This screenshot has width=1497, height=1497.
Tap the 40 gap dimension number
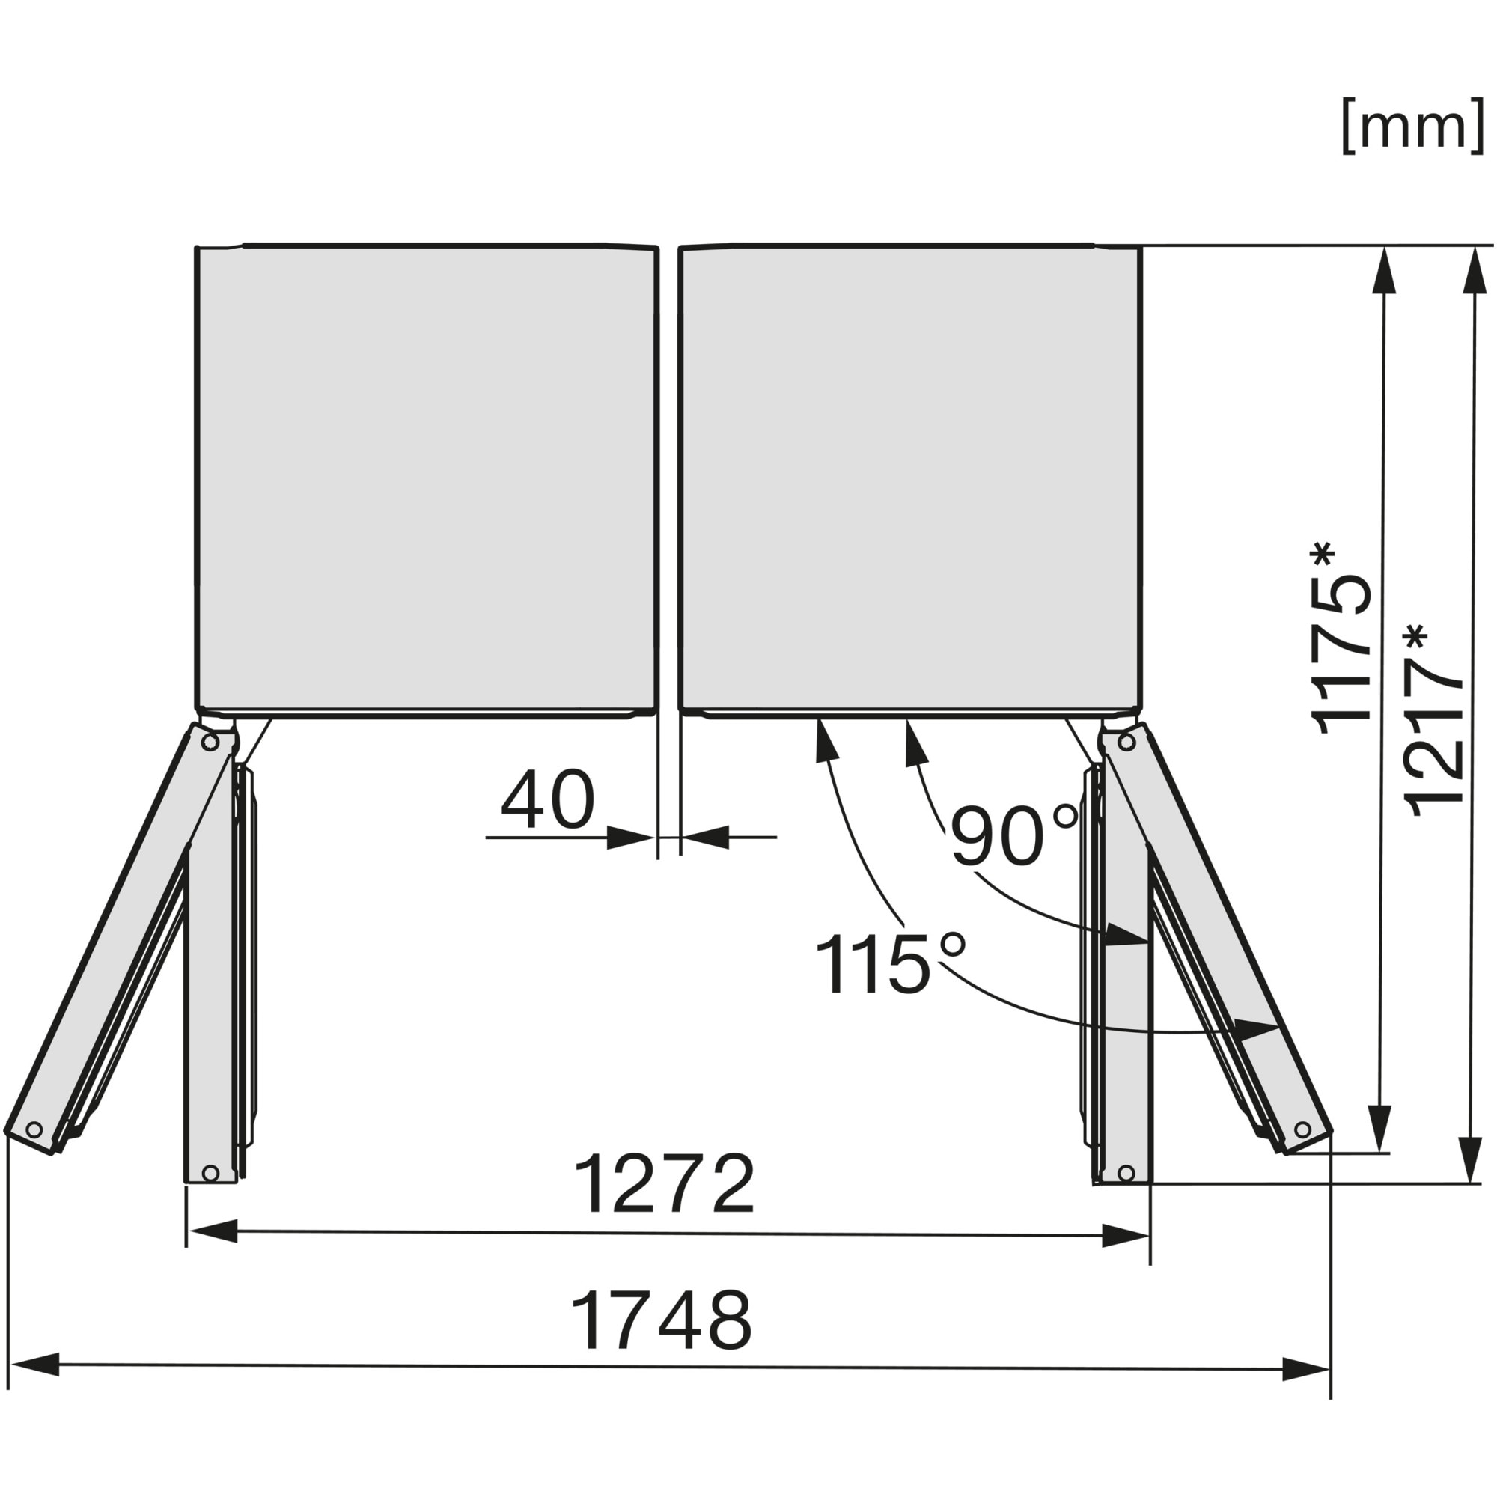pyautogui.click(x=548, y=799)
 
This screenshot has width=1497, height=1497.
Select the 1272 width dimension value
pyautogui.click(x=664, y=1184)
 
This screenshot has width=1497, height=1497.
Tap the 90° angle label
pyautogui.click(x=1014, y=836)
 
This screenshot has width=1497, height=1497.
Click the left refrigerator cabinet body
pyautogui.click(x=427, y=481)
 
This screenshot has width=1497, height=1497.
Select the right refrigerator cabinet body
pyautogui.click(x=910, y=481)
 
